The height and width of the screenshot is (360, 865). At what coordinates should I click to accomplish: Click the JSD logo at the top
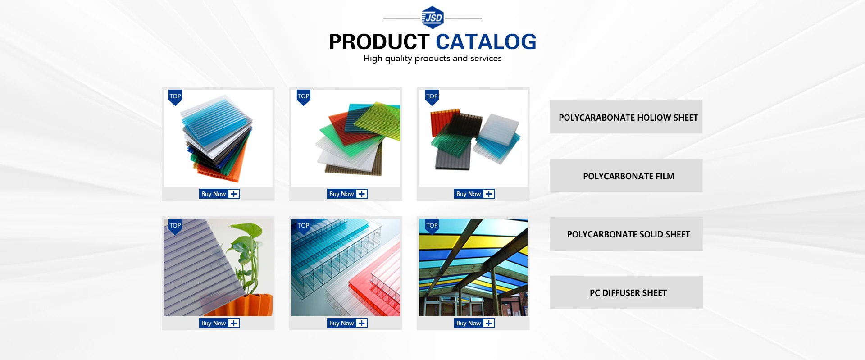click(x=432, y=18)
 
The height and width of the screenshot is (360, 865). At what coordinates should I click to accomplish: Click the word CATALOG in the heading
click(x=486, y=42)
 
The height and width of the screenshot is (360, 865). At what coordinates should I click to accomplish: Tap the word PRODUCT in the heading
click(x=379, y=42)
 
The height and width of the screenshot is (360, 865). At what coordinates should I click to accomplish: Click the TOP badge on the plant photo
click(x=175, y=226)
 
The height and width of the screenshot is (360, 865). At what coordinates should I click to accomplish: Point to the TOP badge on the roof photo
click(x=432, y=226)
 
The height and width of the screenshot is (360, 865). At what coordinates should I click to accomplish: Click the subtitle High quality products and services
click(x=432, y=59)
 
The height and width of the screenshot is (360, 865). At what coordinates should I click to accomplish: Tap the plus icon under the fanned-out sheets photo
click(x=362, y=194)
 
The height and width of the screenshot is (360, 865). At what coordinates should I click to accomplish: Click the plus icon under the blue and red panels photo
click(x=362, y=323)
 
